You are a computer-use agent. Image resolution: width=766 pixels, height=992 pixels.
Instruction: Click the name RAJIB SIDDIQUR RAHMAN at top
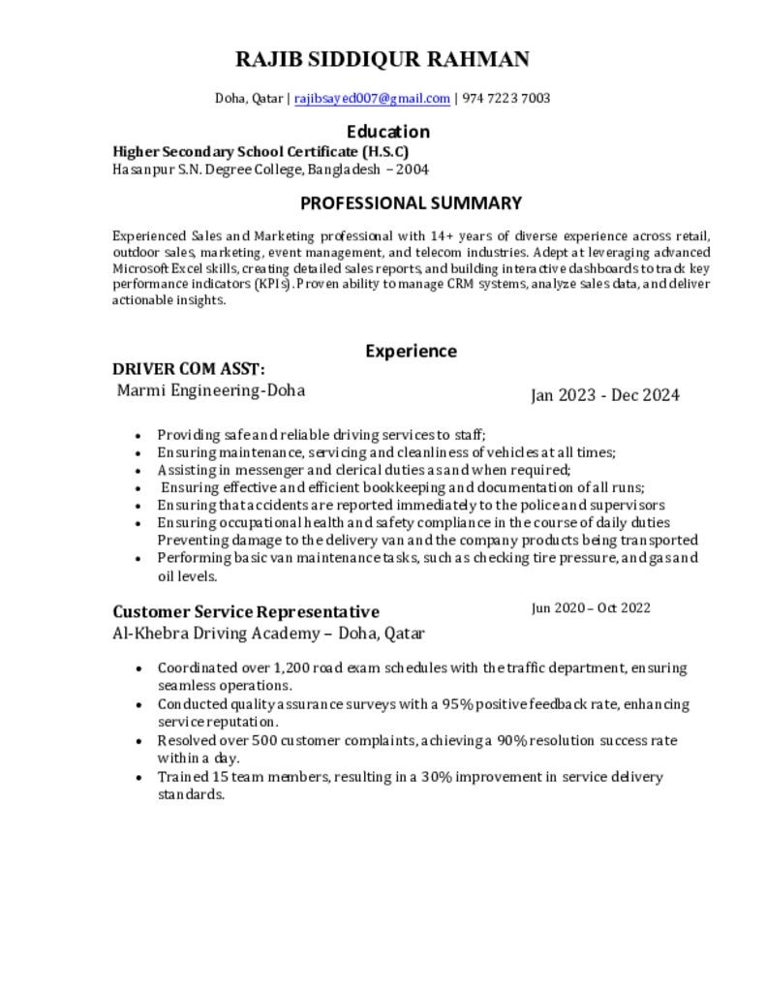pos(383,59)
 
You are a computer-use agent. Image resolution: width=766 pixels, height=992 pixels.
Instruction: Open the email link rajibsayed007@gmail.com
pos(372,98)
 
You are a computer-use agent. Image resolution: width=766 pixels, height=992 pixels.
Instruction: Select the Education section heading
pos(387,132)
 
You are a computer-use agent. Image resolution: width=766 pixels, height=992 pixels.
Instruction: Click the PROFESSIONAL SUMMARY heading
pos(411,203)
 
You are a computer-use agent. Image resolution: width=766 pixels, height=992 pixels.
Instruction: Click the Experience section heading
pos(411,351)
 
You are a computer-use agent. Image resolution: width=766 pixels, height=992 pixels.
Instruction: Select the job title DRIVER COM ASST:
pos(189,369)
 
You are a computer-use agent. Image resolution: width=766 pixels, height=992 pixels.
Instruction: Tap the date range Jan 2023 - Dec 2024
pos(604,395)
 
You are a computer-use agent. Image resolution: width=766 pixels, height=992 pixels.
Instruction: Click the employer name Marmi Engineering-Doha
pos(211,390)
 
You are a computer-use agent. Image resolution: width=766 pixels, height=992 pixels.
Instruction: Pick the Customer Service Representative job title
pos(246,611)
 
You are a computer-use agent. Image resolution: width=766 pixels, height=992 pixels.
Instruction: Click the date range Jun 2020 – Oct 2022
pos(591,608)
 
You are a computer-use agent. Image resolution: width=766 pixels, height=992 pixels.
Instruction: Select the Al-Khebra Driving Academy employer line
pos(268,634)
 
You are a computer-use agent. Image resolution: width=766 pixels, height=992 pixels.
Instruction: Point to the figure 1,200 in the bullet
pos(291,667)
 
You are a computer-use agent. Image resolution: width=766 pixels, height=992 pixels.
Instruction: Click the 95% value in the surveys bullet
pos(456,703)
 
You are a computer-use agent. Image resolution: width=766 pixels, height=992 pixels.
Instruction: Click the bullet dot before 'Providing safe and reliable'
pos(140,436)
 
